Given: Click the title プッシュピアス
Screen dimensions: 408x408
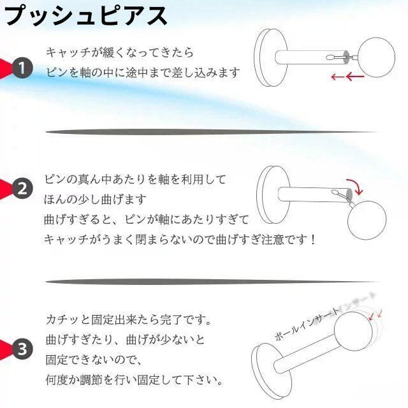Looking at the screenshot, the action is pyautogui.click(x=86, y=16).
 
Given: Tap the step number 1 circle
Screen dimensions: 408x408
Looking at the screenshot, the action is pyautogui.click(x=22, y=68).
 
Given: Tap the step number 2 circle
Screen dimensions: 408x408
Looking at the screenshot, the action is pyautogui.click(x=22, y=189).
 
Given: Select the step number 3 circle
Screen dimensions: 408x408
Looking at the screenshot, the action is pyautogui.click(x=22, y=349).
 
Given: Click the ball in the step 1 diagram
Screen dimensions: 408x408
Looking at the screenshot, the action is pyautogui.click(x=376, y=57).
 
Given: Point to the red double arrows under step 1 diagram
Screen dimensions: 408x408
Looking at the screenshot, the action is pyautogui.click(x=347, y=76).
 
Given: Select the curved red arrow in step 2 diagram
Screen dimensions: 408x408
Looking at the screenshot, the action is pyautogui.click(x=355, y=186).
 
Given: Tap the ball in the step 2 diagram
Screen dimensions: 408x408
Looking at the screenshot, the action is pyautogui.click(x=367, y=220).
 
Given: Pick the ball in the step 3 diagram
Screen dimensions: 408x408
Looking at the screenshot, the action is pyautogui.click(x=353, y=331).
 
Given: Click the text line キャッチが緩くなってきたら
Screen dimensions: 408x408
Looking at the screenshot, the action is pyautogui.click(x=120, y=52).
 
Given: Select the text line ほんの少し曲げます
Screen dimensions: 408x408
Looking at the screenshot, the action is pyautogui.click(x=95, y=200).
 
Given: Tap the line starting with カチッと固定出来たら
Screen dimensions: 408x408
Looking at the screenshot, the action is pyautogui.click(x=129, y=319).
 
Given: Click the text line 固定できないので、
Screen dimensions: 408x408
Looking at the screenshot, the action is pyautogui.click(x=94, y=360).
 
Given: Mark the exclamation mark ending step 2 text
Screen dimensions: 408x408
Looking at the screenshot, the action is pyautogui.click(x=312, y=240).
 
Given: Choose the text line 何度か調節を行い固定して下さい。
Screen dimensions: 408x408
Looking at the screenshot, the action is pyautogui.click(x=135, y=380).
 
